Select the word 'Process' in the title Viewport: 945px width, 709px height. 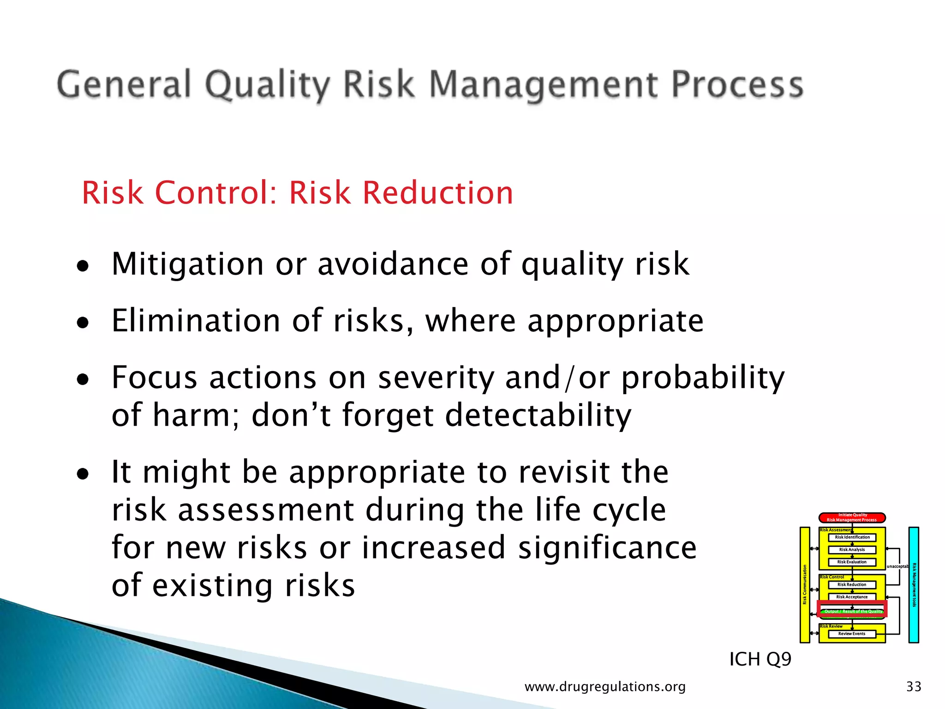(737, 85)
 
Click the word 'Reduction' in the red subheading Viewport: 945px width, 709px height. (437, 192)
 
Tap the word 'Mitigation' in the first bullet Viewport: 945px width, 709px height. (187, 264)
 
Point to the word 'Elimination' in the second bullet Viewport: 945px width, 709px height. (196, 321)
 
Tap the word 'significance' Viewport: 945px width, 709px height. (607, 548)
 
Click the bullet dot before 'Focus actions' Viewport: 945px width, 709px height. (83, 380)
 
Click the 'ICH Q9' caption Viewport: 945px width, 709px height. (760, 659)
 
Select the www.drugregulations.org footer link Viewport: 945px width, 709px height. (605, 687)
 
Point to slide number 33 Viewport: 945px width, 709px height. (914, 687)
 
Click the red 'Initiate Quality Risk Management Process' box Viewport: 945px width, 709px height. (852, 517)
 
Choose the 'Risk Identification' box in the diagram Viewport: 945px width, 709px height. (852, 537)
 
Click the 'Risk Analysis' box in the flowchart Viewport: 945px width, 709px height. (852, 550)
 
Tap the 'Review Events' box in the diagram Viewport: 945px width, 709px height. (852, 634)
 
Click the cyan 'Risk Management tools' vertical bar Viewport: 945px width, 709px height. (914, 585)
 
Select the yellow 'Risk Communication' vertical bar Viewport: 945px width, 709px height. (805, 585)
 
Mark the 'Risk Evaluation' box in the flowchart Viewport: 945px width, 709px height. (852, 562)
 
